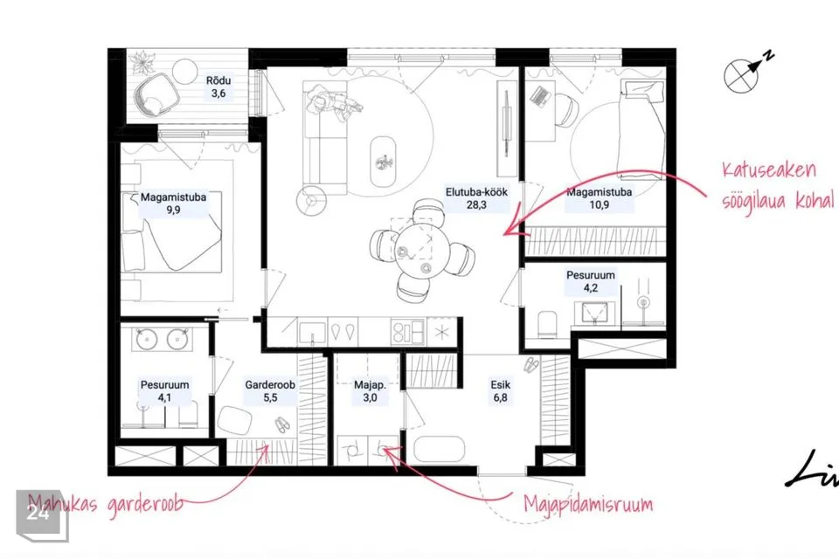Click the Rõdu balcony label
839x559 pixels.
218,87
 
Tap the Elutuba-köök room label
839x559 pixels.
476,198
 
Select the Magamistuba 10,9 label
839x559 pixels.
600,198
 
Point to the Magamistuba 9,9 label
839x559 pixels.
173,204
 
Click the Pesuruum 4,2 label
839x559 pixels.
591,281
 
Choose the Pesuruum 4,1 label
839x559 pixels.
165,391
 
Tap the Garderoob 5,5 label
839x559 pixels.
270,391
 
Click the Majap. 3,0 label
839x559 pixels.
370,391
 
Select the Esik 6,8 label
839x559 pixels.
500,391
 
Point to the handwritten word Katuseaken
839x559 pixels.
769,170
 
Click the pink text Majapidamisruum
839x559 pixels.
588,504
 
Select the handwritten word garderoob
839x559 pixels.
145,504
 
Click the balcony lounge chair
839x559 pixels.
156,94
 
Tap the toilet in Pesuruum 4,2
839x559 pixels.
547,324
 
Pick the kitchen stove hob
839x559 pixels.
408,332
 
